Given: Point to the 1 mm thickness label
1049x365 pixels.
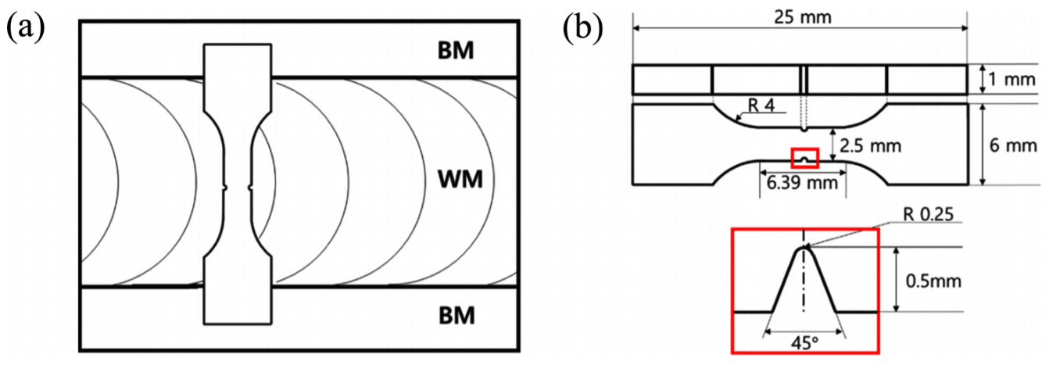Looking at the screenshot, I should (1014, 80).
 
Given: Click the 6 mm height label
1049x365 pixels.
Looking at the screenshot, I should (1015, 145).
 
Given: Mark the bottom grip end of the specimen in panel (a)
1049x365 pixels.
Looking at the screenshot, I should (238, 301).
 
